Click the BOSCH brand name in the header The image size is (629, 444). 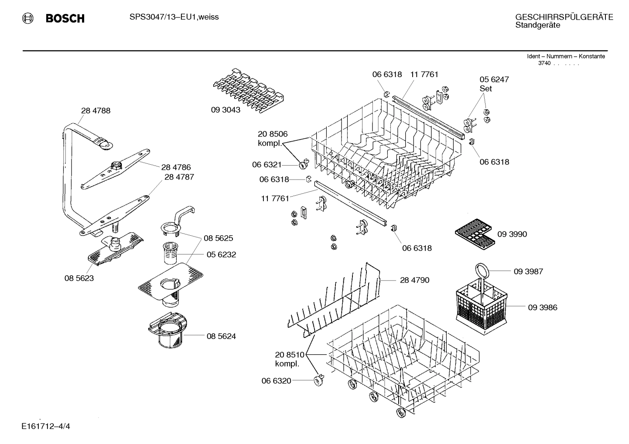[x=65, y=18]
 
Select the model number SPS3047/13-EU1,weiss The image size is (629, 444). [x=174, y=17]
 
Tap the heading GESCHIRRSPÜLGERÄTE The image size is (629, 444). [x=564, y=17]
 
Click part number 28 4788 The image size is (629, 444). [x=96, y=111]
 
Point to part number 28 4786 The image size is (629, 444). [x=176, y=167]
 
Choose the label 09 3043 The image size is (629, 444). [x=226, y=110]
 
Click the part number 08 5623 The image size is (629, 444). [x=79, y=278]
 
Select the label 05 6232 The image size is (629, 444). [x=221, y=255]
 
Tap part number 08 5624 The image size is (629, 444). [x=221, y=336]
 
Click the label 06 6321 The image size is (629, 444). [x=267, y=165]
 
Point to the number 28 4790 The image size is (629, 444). [x=414, y=280]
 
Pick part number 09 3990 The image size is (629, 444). [x=512, y=234]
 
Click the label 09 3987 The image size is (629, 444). [x=528, y=271]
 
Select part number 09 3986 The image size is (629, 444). [x=542, y=308]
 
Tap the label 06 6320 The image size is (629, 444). [x=276, y=381]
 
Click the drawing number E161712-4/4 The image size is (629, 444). [x=45, y=426]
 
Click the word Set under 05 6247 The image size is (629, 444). [x=485, y=88]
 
